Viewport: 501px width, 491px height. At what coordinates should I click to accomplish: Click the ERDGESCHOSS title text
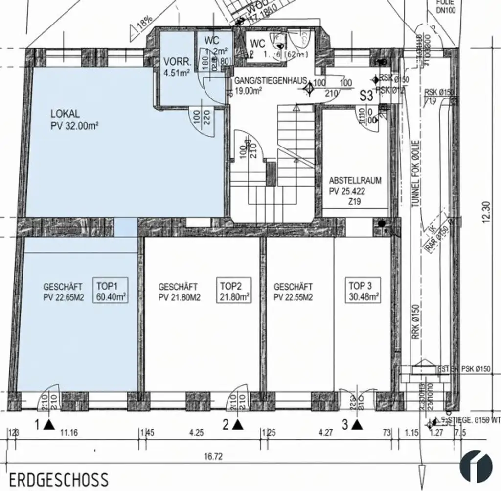point(59,478)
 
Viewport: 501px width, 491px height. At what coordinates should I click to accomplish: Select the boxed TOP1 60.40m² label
point(111,292)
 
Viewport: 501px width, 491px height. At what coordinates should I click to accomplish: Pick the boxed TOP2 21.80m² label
point(234,292)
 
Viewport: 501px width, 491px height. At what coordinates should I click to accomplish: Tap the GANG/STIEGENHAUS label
point(270,85)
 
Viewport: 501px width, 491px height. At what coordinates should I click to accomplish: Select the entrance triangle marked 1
point(48,424)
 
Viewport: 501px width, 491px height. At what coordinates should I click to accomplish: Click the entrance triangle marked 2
point(238,424)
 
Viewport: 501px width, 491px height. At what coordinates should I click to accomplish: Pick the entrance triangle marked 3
point(357,425)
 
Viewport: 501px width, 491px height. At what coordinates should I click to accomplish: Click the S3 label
point(366,96)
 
